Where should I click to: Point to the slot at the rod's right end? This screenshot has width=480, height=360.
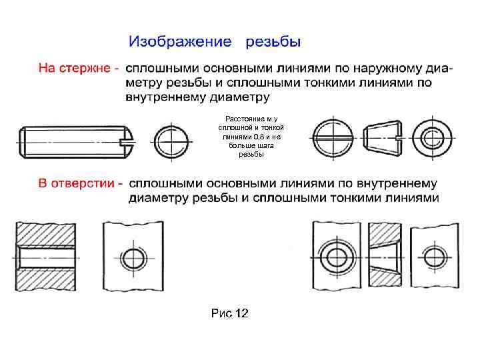tap(125, 140)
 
